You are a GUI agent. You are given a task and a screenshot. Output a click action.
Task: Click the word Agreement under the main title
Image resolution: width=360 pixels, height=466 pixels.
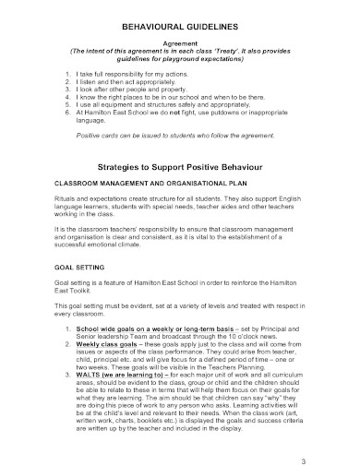tap(180, 42)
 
